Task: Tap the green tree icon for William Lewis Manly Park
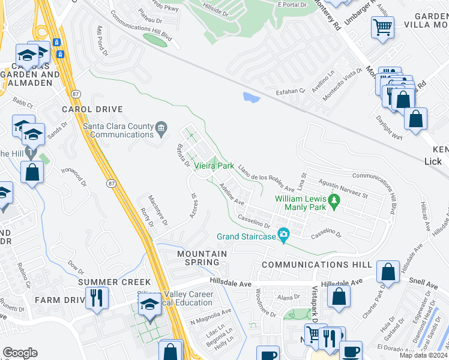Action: pos(333,203)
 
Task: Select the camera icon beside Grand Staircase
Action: pos(283,233)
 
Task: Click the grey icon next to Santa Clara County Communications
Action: pos(161,127)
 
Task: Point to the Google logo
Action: pos(20,353)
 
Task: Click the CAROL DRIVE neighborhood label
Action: pos(92,110)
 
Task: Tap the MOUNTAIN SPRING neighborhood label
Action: pos(202,258)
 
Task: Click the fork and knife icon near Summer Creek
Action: pos(96,296)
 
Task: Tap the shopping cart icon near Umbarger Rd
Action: pos(382,26)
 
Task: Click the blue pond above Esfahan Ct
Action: pos(251,97)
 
